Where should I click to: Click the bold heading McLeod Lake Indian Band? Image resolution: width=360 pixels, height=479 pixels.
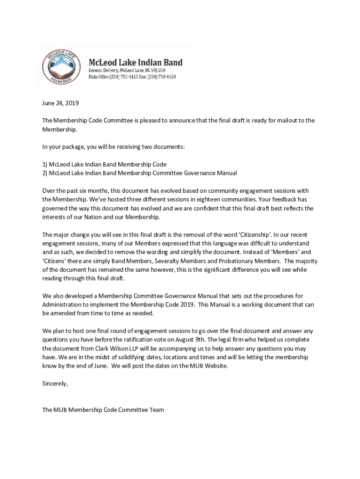coord(136,63)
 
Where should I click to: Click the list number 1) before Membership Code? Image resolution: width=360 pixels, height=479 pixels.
coord(45,164)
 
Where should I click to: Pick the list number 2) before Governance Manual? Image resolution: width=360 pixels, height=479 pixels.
coord(45,173)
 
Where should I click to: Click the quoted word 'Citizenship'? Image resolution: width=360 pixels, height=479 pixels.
coord(254,234)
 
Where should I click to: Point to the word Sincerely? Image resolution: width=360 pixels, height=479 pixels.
coord(55,384)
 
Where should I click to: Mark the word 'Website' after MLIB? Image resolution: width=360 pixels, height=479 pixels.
coord(216,366)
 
